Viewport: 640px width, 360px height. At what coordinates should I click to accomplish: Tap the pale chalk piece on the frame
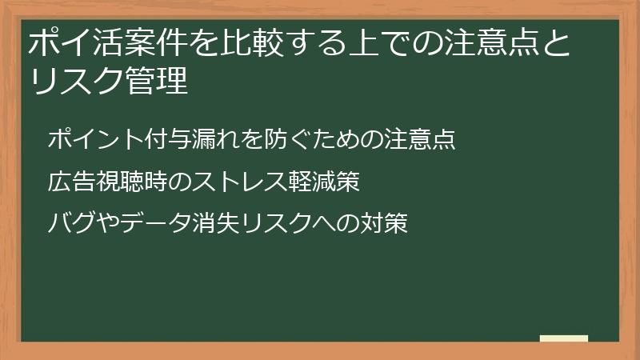[563, 339]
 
